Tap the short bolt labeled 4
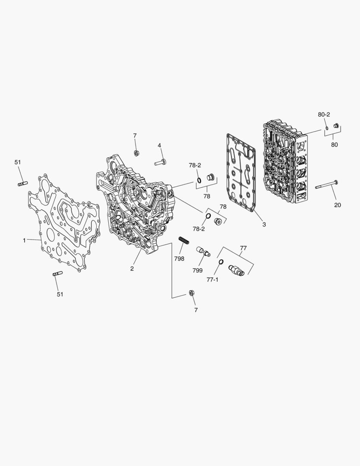click(x=160, y=163)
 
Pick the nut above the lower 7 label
click(x=191, y=294)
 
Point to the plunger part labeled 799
click(x=203, y=252)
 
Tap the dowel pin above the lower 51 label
click(x=57, y=273)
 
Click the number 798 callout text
click(x=179, y=259)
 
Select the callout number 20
click(x=337, y=205)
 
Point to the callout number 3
click(x=264, y=224)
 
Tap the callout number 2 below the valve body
click(x=132, y=269)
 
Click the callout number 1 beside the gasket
click(x=24, y=240)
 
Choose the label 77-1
click(x=212, y=280)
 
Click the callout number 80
click(x=334, y=145)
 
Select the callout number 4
click(x=159, y=145)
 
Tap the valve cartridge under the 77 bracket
click(x=237, y=270)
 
